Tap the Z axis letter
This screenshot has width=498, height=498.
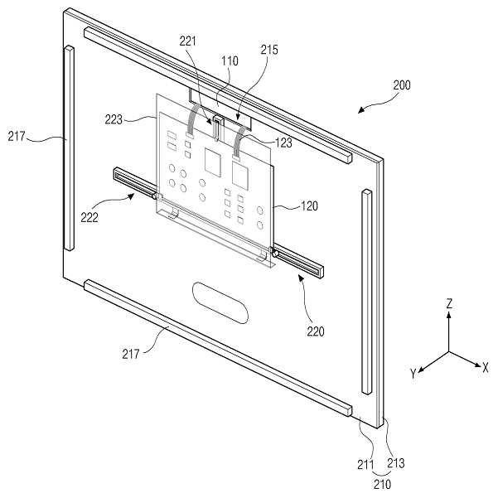[x=448, y=305]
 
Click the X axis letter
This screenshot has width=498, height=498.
[x=486, y=365]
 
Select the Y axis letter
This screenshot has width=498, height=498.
[x=412, y=374]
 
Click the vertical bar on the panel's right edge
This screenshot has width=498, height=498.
[x=365, y=290]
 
